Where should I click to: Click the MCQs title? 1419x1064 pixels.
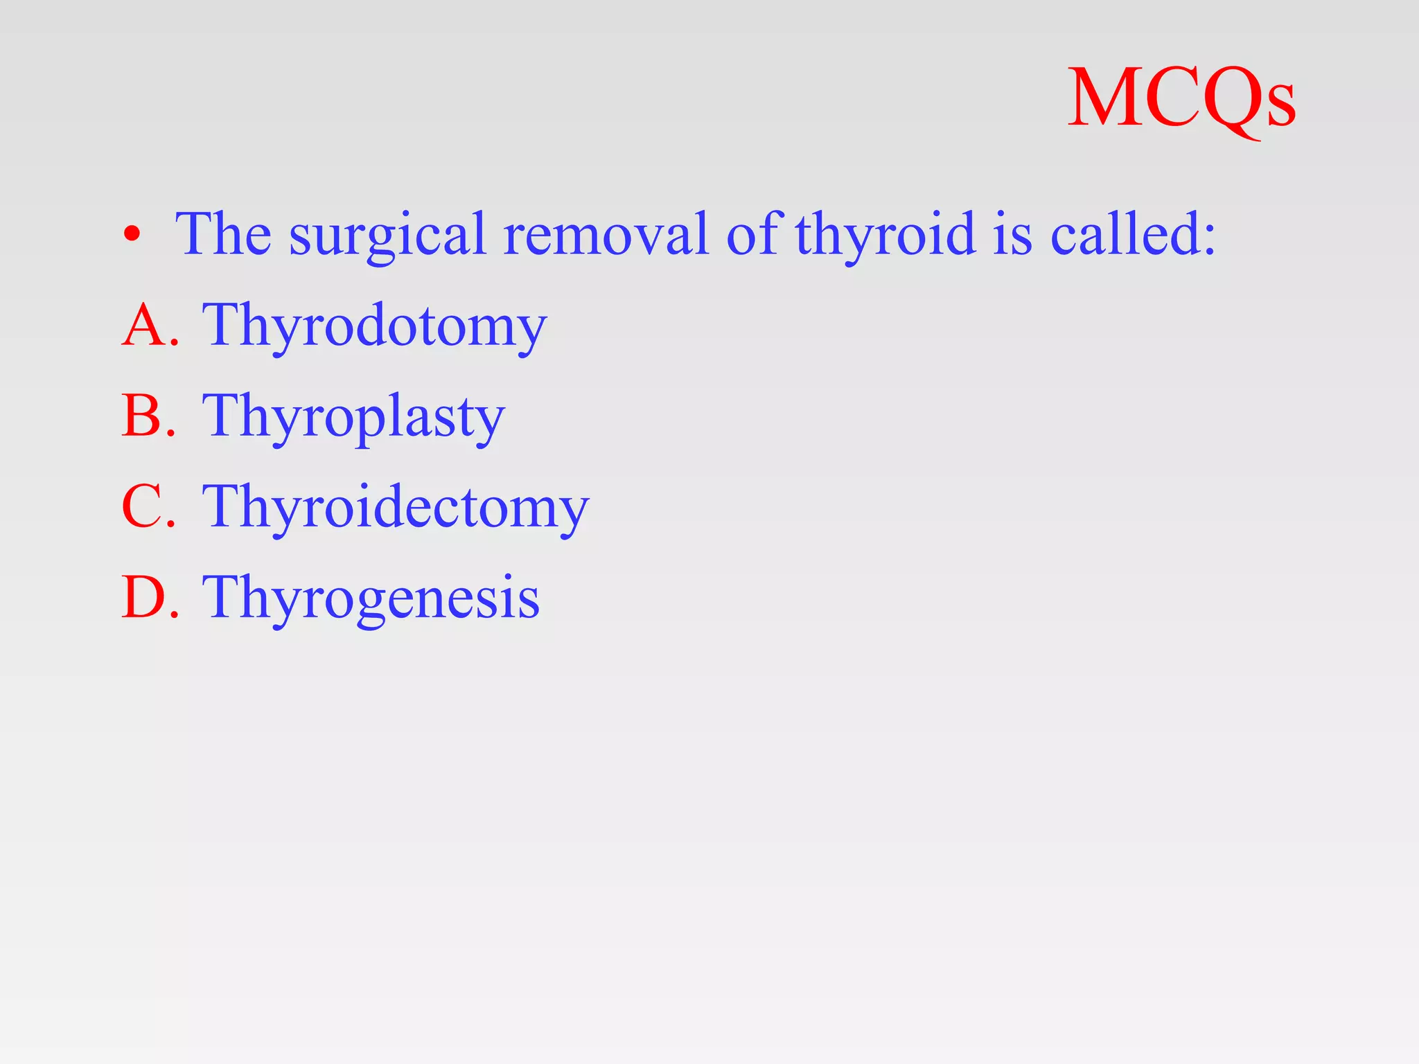click(1181, 98)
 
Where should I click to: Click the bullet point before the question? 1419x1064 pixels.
click(132, 236)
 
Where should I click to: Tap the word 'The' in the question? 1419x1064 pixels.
click(223, 234)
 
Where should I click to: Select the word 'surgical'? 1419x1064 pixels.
click(387, 236)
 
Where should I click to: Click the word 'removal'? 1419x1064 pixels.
click(606, 234)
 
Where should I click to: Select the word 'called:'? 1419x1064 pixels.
click(1133, 234)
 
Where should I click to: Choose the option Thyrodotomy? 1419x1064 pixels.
click(374, 326)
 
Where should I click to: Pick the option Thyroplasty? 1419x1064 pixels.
click(353, 416)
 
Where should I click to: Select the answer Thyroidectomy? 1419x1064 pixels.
click(395, 507)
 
